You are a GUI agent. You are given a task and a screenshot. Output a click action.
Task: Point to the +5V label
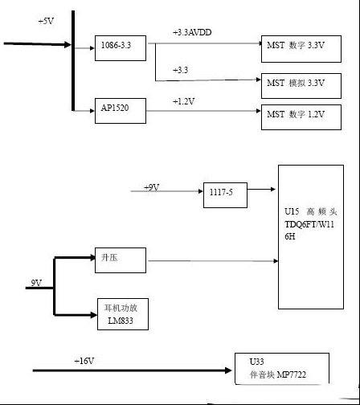[x=46, y=21]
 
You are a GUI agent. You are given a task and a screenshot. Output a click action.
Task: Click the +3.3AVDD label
[x=192, y=32]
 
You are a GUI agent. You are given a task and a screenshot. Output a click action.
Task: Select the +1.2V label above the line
[x=184, y=101]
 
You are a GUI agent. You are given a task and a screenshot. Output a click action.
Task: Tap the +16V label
[x=84, y=361]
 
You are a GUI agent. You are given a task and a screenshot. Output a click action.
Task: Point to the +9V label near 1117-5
[x=152, y=187]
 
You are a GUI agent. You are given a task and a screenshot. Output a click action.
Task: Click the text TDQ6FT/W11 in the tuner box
[x=309, y=224]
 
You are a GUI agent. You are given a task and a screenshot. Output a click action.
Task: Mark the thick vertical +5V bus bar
[x=73, y=60]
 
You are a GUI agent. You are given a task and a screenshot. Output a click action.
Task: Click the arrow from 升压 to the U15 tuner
[x=213, y=260]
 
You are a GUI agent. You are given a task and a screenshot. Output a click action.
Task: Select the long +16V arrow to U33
[x=132, y=370]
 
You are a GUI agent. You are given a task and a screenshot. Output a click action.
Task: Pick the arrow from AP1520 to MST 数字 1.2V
[x=203, y=111]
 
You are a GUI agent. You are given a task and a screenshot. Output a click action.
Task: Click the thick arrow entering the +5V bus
[x=38, y=44]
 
